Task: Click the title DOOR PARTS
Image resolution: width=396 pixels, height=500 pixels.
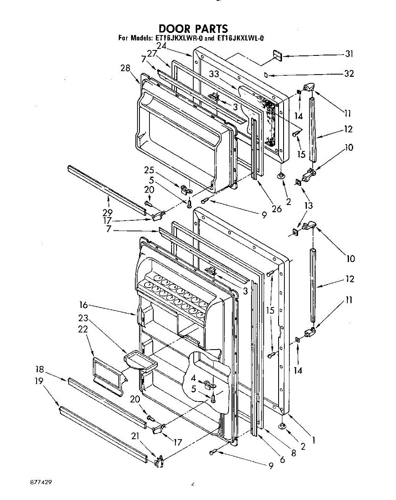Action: click(193, 29)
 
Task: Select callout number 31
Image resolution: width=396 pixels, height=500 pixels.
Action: click(349, 54)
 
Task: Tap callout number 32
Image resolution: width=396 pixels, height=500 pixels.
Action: click(349, 74)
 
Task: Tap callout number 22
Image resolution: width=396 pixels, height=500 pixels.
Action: click(83, 329)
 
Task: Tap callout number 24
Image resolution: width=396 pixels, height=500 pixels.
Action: click(162, 47)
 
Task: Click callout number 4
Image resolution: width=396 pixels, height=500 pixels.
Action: click(193, 378)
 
